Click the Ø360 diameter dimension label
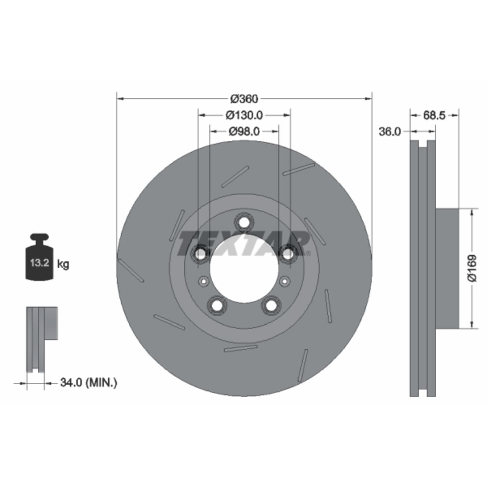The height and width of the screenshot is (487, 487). [244, 99]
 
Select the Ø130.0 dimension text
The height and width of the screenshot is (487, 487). [244, 115]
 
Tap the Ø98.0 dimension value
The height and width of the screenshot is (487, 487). [244, 131]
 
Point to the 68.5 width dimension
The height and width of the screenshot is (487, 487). [434, 115]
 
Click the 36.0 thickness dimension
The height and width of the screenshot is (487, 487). [390, 131]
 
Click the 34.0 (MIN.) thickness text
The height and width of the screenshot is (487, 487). [88, 382]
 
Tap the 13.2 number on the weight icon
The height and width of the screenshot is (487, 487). [39, 263]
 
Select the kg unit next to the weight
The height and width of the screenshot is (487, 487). [63, 265]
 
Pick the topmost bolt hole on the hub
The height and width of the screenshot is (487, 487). [244, 222]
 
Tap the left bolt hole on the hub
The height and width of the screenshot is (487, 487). [200, 254]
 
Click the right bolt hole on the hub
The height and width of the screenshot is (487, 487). [288, 254]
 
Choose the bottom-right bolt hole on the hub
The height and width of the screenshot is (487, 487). [271, 305]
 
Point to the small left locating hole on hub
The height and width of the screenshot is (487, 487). [204, 281]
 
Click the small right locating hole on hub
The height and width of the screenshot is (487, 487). [284, 281]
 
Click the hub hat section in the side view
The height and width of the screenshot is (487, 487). [447, 268]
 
